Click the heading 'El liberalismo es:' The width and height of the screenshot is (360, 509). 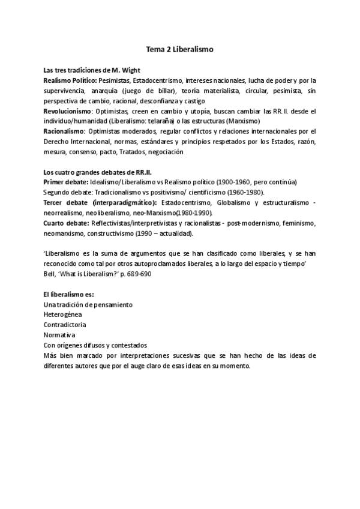tap(68, 294)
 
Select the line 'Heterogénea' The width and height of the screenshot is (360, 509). tap(62, 315)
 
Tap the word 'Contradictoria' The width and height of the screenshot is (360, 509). tap(65, 325)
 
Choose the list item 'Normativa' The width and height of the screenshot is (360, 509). tap(59, 335)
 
